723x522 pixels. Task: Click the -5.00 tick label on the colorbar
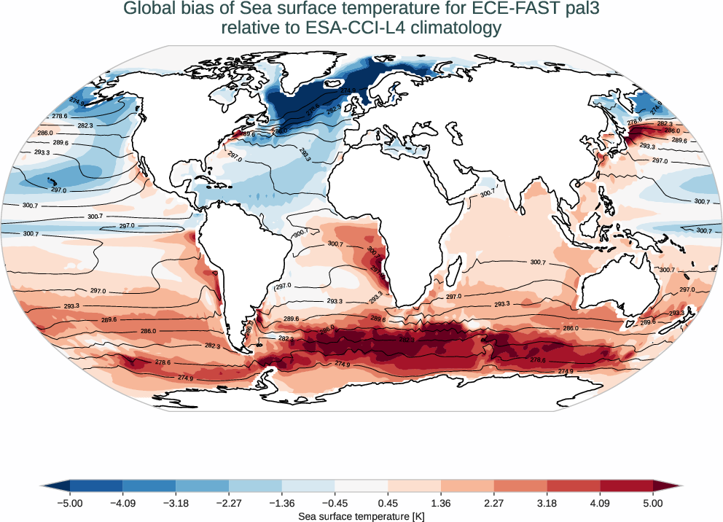click(70, 502)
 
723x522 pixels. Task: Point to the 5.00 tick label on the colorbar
click(653, 502)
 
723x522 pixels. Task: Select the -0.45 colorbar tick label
click(335, 502)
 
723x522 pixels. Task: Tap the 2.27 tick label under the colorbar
click(493, 502)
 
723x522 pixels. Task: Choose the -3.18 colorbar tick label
click(176, 502)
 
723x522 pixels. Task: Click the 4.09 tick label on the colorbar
click(600, 502)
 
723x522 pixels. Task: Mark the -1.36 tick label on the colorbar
click(281, 502)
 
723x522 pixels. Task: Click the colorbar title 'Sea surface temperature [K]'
click(361, 515)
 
